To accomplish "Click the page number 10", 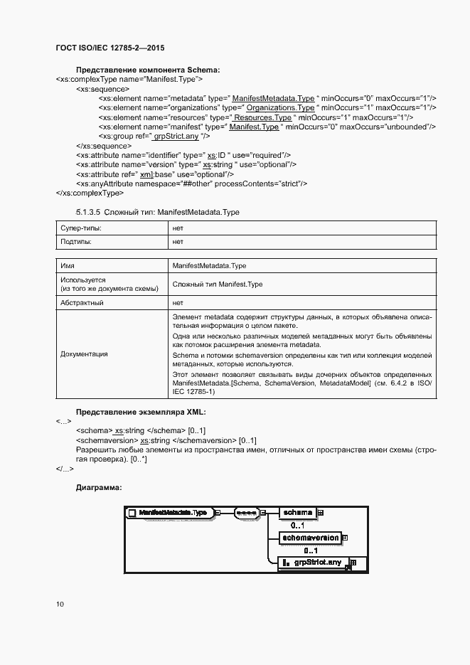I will pyautogui.click(x=60, y=604).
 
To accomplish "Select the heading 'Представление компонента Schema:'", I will pyautogui.click(x=148, y=70).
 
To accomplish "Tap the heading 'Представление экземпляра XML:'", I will pyautogui.click(x=140, y=412).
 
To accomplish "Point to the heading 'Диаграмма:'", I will pyautogui.click(x=99, y=487).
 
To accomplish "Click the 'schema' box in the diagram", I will pyautogui.click(x=297, y=513).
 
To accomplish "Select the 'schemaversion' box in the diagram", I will pyautogui.click(x=309, y=538).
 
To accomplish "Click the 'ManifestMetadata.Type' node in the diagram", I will pyautogui.click(x=173, y=512).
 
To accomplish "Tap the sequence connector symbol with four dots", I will pyautogui.click(x=247, y=512).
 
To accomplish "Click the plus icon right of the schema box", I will pyautogui.click(x=321, y=512).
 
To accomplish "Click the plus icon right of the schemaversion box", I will pyautogui.click(x=345, y=538).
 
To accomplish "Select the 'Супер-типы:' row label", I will pyautogui.click(x=80, y=228).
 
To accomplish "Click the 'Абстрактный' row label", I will pyautogui.click(x=82, y=302).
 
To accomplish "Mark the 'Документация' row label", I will pyautogui.click(x=85, y=353).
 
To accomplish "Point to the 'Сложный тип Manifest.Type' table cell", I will pyautogui.click(x=218, y=284).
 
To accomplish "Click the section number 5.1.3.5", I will pyautogui.click(x=89, y=212).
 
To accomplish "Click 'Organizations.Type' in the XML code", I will pyautogui.click(x=280, y=107).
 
